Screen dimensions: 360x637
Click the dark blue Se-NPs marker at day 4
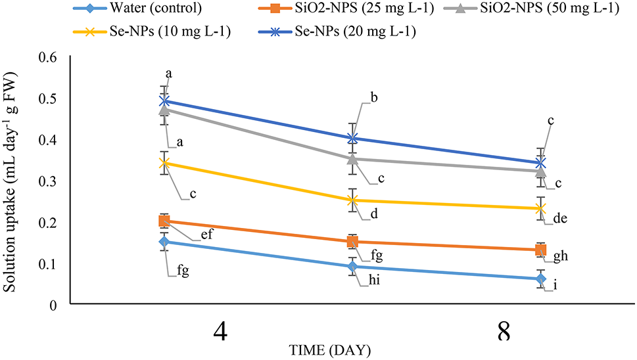[165, 101]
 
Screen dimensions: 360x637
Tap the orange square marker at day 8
[540, 250]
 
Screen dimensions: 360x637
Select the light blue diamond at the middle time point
[352, 267]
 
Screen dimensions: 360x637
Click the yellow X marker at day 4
[165, 163]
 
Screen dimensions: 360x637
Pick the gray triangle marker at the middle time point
[352, 158]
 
